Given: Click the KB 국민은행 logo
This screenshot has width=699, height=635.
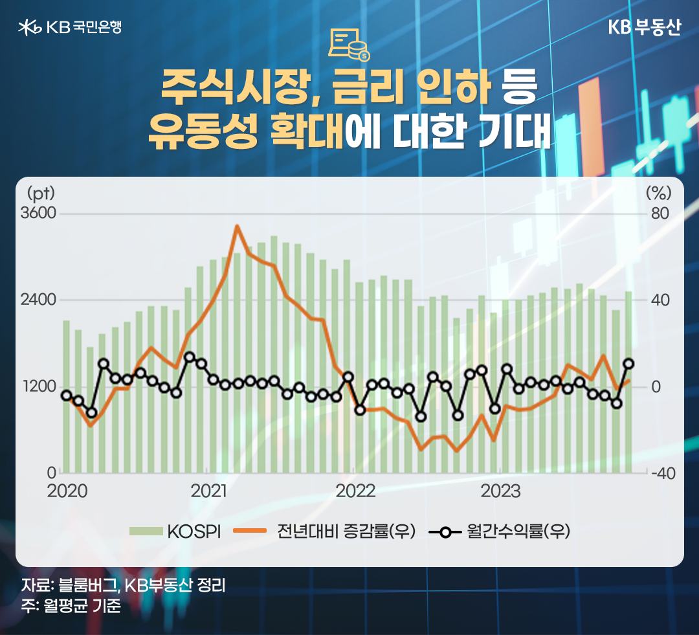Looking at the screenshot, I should click(70, 27).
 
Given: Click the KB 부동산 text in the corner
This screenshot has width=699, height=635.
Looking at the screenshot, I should click(644, 27).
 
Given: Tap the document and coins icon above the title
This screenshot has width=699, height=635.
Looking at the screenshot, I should click(348, 45).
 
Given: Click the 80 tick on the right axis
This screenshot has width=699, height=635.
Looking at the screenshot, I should click(659, 214).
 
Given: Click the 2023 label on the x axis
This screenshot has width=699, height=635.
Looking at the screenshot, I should click(501, 491).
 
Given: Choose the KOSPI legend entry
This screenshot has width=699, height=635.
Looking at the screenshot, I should click(175, 531).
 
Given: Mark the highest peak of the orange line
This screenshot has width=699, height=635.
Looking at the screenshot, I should click(237, 226).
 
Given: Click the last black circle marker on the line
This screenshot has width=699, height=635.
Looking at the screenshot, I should click(628, 364).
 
